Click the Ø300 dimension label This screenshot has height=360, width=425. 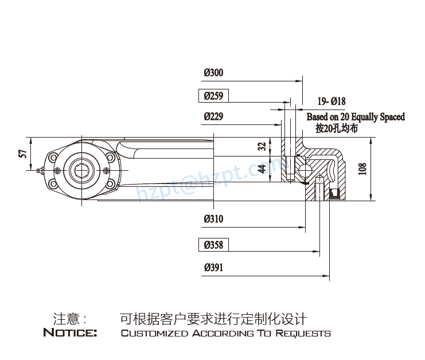[213, 73]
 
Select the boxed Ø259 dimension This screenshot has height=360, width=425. [213, 96]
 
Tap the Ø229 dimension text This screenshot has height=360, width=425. [213, 116]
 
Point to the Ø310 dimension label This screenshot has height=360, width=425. [213, 219]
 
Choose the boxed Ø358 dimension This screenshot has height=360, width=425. [213, 245]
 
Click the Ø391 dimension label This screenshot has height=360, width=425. [213, 267]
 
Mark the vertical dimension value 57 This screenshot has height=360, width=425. [23, 154]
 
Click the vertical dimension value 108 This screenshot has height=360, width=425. [362, 169]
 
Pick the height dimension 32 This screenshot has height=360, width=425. [262, 146]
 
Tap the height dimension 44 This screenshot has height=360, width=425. [262, 169]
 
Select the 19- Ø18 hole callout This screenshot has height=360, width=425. [332, 101]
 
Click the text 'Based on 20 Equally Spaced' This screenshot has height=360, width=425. [355, 117]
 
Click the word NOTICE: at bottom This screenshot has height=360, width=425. [71, 333]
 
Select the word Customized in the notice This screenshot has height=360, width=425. [154, 333]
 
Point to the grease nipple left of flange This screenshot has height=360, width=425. [39, 170]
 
